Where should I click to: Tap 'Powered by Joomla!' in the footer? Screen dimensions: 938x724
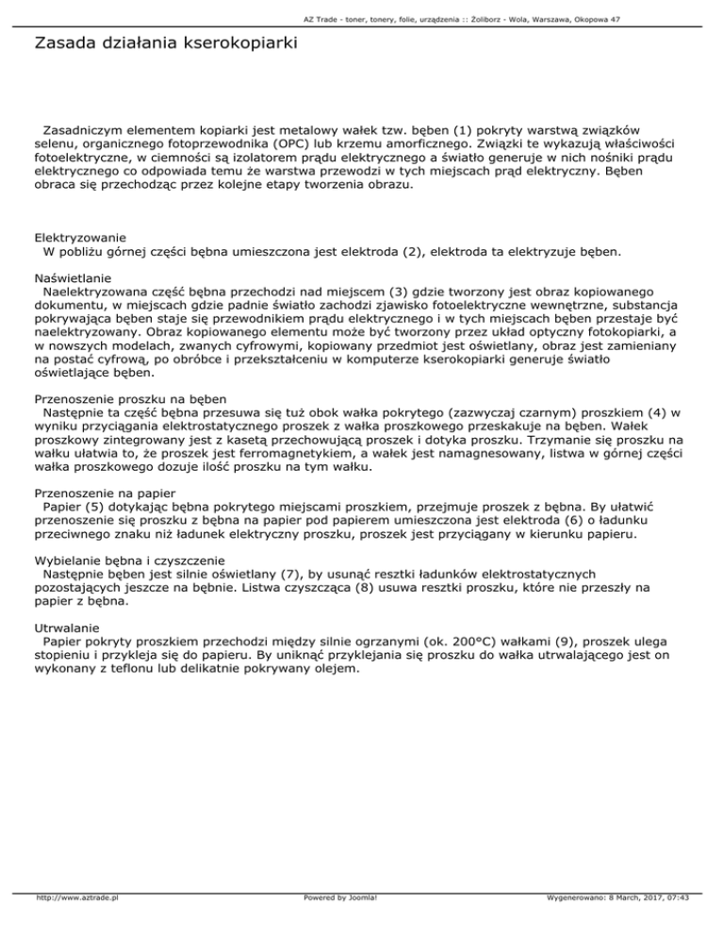[x=337, y=923]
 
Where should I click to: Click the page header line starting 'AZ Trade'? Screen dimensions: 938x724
[x=362, y=19]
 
